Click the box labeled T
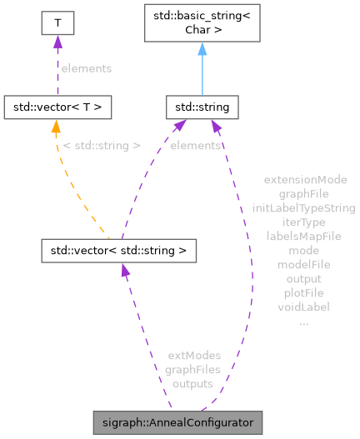(57, 22)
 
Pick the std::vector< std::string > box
(119, 249)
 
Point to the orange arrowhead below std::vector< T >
(56, 126)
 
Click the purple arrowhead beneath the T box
(57, 42)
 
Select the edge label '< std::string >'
(102, 146)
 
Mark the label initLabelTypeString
(303, 207)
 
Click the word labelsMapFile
(303, 236)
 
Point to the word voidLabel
(303, 307)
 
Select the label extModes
(192, 355)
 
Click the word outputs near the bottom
(192, 383)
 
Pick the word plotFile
(303, 292)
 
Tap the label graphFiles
(192, 369)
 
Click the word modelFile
(303, 264)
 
